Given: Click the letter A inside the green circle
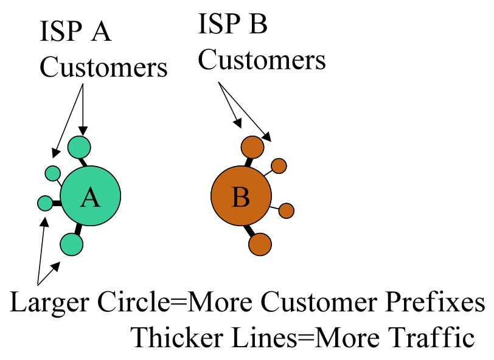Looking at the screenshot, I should pyautogui.click(x=90, y=198).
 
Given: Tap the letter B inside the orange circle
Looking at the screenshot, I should pyautogui.click(x=240, y=198).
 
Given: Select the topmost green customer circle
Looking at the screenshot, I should pyautogui.click(x=79, y=147).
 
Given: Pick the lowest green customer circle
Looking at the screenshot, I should pyautogui.click(x=71, y=244).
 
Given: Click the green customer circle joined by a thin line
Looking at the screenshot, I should pyautogui.click(x=52, y=173).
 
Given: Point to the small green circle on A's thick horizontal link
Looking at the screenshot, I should pyautogui.click(x=45, y=202).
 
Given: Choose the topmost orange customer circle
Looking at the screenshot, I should pyautogui.click(x=252, y=147).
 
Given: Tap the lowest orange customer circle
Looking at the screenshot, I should pyautogui.click(x=260, y=243).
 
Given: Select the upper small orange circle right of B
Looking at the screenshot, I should pyautogui.click(x=279, y=165).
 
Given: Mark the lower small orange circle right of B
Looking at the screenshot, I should pyautogui.click(x=287, y=210).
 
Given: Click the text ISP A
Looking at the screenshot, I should pyautogui.click(x=75, y=32).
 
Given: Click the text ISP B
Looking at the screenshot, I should pyautogui.click(x=234, y=25).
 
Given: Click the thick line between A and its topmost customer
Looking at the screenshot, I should pyautogui.click(x=85, y=162).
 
